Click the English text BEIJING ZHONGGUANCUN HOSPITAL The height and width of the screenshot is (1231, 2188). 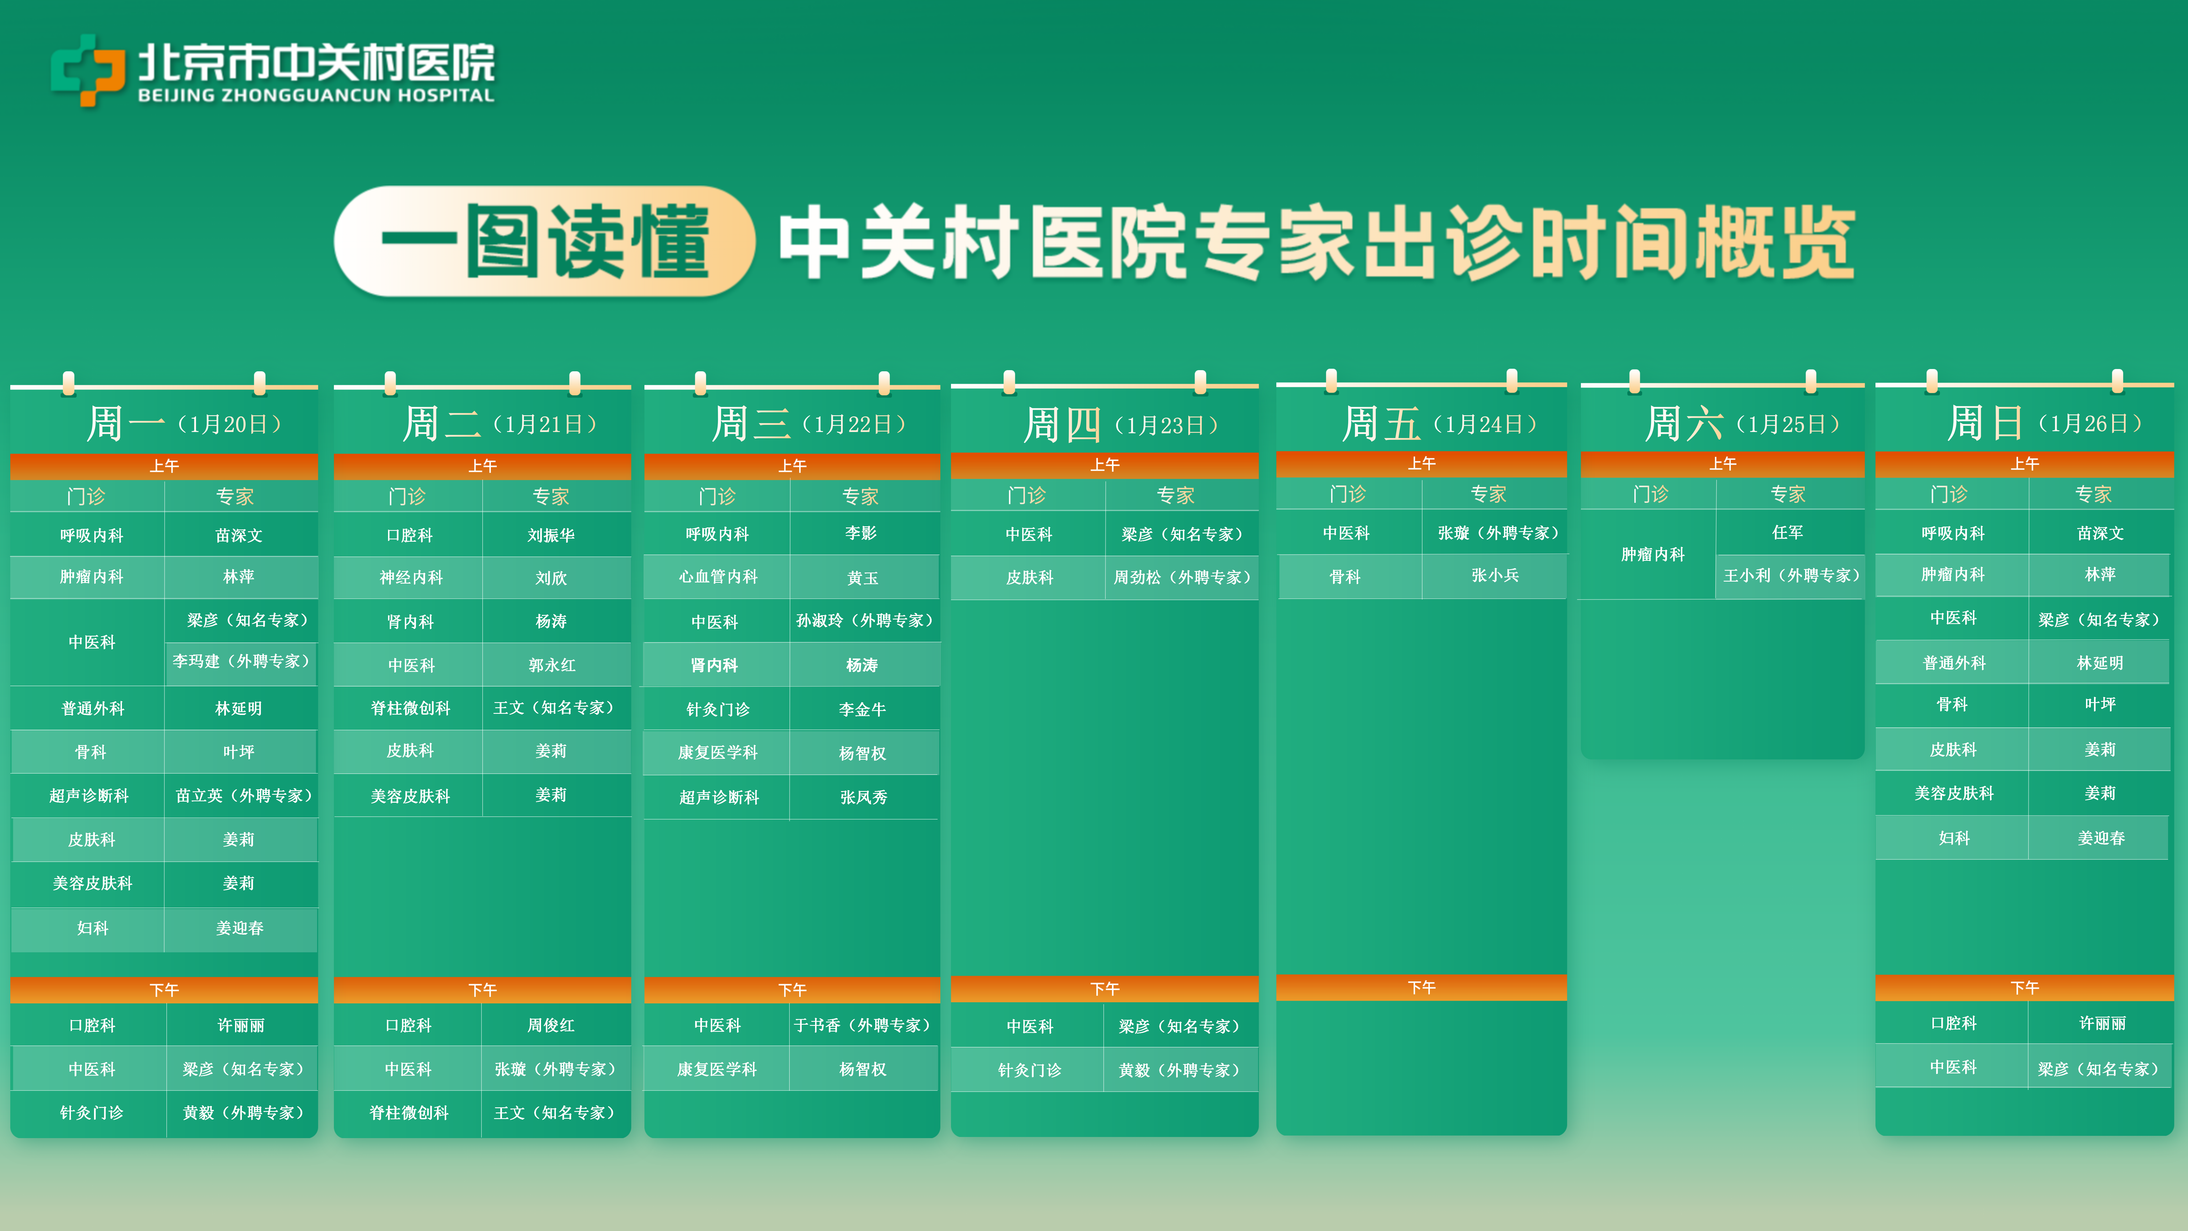coord(316,95)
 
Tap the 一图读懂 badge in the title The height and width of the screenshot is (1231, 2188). coord(544,241)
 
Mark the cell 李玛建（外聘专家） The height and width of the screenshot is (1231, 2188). coord(241,661)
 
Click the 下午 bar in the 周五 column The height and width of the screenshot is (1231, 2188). coord(1421,987)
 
